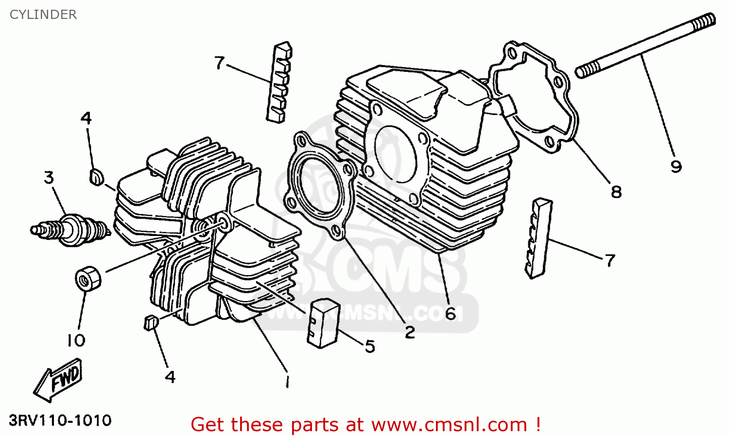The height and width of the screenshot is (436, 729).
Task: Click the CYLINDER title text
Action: click(x=43, y=15)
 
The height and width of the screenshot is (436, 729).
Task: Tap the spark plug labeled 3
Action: click(x=70, y=230)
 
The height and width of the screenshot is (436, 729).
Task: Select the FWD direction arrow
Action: click(x=58, y=380)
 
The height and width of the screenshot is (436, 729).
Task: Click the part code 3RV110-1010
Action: click(x=60, y=420)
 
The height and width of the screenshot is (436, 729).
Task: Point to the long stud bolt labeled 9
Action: click(x=645, y=46)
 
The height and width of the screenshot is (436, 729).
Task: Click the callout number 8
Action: click(x=616, y=192)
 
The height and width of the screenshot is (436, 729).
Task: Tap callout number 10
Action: click(x=76, y=340)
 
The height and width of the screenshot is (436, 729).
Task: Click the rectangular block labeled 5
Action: click(x=323, y=323)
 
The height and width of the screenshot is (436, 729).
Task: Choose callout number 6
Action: click(x=450, y=314)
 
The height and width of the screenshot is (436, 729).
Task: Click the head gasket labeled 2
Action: click(x=321, y=185)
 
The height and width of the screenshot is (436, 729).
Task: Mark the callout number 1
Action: click(x=287, y=381)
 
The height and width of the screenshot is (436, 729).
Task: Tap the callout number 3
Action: click(x=49, y=178)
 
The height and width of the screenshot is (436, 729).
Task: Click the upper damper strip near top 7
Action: click(x=279, y=82)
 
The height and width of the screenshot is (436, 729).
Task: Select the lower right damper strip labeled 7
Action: click(x=538, y=238)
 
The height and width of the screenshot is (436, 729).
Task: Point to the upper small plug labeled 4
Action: click(x=96, y=177)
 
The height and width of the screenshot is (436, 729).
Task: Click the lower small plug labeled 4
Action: click(x=151, y=322)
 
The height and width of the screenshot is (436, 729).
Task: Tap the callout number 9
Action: click(x=676, y=167)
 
